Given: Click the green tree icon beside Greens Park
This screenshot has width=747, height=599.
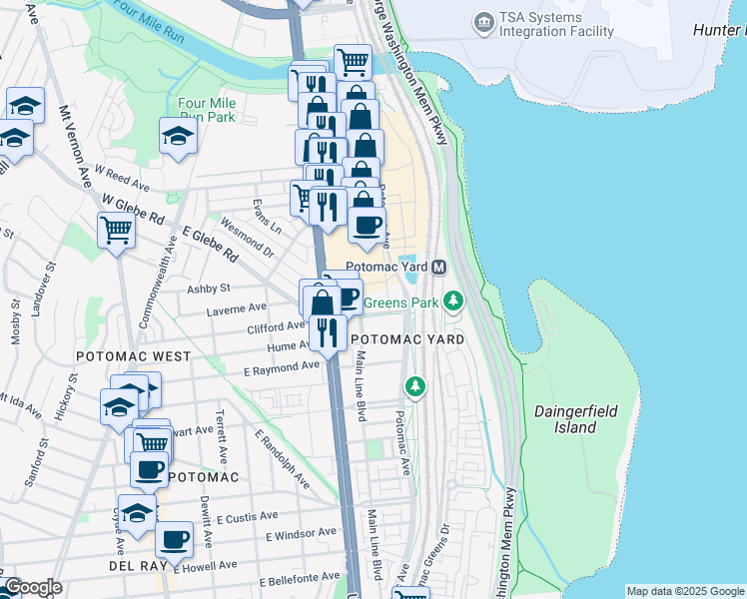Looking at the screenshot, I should (454, 300).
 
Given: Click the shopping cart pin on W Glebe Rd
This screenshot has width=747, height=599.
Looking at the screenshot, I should (117, 231).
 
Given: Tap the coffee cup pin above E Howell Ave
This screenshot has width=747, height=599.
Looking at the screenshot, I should (173, 540).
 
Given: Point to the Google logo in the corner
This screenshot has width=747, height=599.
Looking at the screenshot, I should (32, 588).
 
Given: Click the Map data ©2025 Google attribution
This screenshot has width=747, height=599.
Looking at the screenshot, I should (685, 591).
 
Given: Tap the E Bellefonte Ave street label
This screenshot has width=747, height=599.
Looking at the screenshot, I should (303, 579).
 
